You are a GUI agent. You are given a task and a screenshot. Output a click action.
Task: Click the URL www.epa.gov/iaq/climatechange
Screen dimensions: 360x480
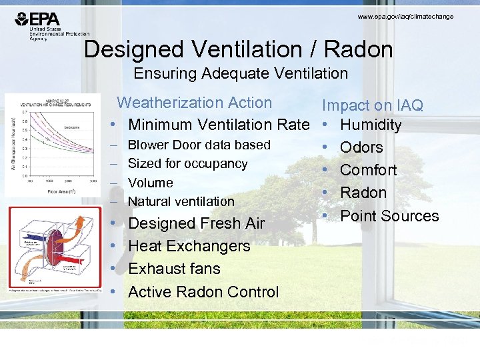[405, 16]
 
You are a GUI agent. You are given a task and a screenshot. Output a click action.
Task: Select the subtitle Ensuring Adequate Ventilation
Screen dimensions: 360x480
[241, 73]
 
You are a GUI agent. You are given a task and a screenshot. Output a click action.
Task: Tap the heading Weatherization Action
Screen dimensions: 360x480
[195, 103]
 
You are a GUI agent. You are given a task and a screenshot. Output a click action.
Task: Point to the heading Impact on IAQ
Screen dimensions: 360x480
[373, 105]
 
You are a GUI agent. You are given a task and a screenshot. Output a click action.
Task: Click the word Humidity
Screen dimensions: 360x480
[371, 125]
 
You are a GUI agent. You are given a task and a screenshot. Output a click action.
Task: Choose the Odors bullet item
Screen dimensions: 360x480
[361, 147]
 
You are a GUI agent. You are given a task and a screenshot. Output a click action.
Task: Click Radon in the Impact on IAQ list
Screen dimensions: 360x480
[363, 193]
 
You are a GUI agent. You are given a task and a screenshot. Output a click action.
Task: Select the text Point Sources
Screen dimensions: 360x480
[389, 216]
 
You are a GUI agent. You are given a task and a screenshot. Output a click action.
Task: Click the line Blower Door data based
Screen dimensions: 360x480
[199, 145]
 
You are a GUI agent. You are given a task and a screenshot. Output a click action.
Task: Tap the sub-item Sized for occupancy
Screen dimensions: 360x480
[187, 163]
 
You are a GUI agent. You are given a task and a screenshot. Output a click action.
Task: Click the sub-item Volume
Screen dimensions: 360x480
[150, 183]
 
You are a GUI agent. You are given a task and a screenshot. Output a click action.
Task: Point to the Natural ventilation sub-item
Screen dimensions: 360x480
[181, 201]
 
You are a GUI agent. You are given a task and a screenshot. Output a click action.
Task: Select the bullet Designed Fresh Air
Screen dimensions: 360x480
[196, 223]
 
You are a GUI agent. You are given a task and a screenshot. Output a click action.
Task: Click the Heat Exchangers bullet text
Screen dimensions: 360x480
[189, 246]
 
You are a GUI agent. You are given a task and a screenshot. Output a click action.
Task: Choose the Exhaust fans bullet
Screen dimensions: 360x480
[174, 269]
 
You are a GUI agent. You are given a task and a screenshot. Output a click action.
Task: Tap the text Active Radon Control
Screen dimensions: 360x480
[203, 292]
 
